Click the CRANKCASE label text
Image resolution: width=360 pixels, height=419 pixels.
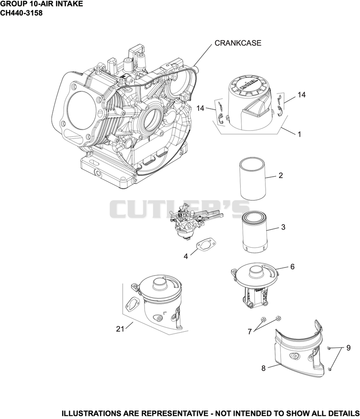[238, 43]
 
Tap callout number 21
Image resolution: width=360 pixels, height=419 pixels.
[120, 329]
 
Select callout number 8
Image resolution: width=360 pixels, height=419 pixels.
[263, 368]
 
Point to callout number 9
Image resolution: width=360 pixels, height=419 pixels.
[348, 348]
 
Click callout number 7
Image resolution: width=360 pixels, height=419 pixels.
[250, 332]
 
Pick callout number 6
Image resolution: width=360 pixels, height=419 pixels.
[292, 267]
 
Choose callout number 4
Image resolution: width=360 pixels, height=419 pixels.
[185, 256]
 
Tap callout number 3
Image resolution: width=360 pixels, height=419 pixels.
[283, 227]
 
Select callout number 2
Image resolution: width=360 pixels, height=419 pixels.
[280, 175]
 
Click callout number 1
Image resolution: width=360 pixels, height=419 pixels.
[299, 134]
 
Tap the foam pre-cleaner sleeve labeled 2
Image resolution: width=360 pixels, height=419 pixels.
[252, 178]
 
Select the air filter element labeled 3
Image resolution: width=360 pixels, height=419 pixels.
[254, 232]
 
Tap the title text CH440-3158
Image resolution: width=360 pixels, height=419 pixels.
[21, 13]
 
